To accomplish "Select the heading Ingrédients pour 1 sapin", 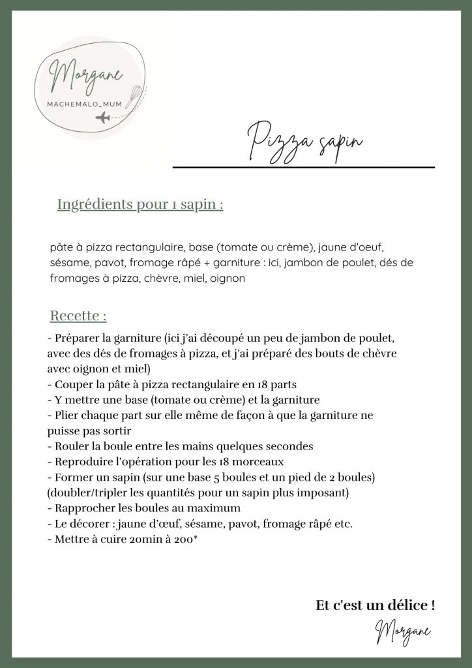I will click(140, 204).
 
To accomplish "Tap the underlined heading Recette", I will click(78, 316).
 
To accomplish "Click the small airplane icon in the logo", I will click(103, 117).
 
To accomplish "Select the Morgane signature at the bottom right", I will click(403, 631).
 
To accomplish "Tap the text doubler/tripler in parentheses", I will click(85, 493).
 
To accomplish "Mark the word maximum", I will click(214, 508).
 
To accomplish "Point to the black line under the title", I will click(303, 168).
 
